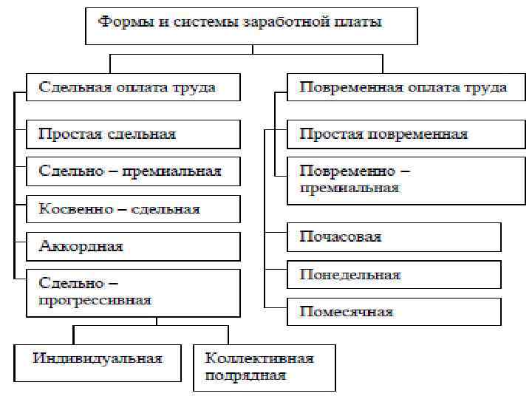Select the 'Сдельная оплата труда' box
point(133,88)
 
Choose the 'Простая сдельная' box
point(133,134)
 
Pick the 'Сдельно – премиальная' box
point(133,171)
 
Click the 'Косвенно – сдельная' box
point(133,209)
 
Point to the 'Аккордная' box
point(133,246)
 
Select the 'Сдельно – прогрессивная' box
point(133,291)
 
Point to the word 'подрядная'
point(245,375)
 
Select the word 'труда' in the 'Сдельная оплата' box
point(194,88)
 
